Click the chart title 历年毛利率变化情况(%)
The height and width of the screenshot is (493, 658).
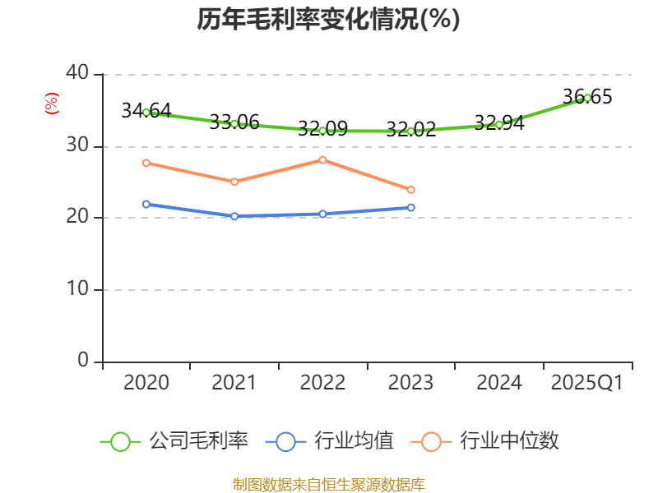point(328,19)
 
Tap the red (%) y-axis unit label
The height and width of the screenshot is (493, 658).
point(51,104)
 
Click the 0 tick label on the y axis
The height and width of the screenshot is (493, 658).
point(83,360)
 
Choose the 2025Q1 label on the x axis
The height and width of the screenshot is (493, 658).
point(586,383)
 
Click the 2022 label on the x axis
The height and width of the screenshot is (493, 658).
point(322,383)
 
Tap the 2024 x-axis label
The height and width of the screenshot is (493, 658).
point(498,383)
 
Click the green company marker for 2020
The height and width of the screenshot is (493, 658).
point(146,112)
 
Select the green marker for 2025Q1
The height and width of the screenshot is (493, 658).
point(587,98)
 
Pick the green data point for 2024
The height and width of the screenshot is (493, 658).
point(499,124)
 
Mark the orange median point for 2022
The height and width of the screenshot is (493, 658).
point(322,159)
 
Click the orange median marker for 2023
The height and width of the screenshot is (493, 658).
point(411,190)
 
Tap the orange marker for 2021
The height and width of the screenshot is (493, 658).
point(234,182)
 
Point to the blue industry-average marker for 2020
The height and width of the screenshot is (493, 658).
point(146,204)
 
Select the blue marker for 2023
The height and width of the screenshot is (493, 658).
point(411,207)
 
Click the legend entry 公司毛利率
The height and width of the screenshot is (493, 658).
point(174,441)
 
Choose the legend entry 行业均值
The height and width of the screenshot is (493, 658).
point(330,441)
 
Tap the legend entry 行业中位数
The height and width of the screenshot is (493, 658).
point(490,441)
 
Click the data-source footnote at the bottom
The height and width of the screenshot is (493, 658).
point(328,484)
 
